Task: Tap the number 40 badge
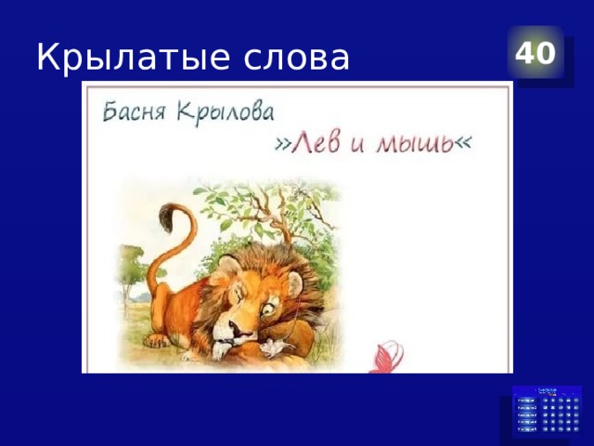click(x=536, y=54)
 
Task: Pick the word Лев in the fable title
click(x=324, y=143)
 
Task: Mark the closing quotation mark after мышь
click(x=462, y=141)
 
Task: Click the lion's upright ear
click(x=295, y=283)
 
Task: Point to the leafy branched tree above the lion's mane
click(x=269, y=209)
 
